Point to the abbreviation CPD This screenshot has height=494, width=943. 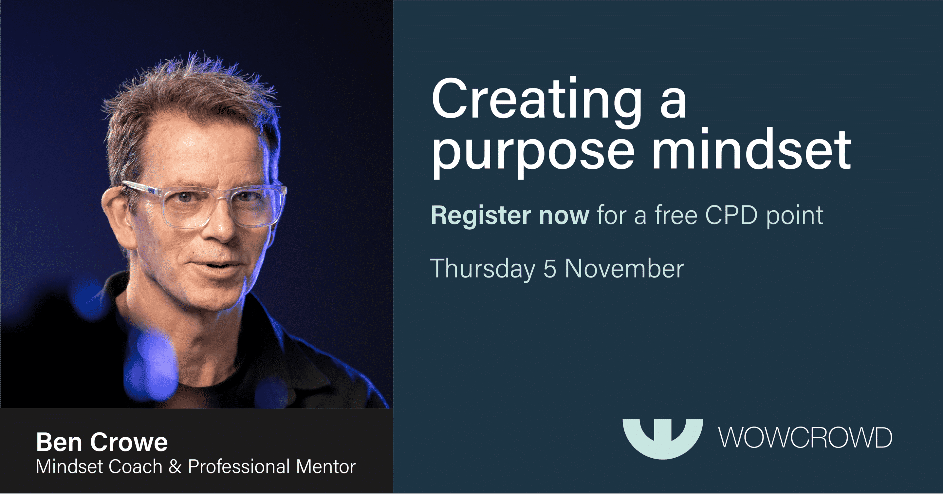click(731, 215)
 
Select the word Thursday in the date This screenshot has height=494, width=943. click(483, 269)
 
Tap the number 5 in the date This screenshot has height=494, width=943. click(550, 269)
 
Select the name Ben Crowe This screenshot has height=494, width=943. click(102, 442)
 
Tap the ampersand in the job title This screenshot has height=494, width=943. click(175, 467)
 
